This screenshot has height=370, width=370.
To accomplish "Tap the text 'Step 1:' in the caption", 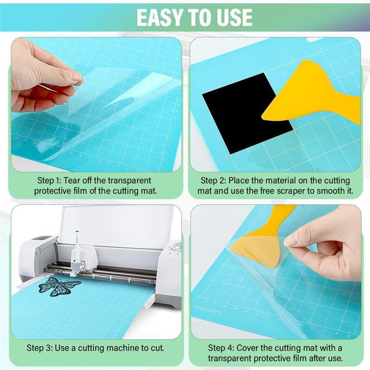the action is click(x=49, y=181).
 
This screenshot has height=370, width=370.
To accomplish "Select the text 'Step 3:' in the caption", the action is click(x=39, y=348).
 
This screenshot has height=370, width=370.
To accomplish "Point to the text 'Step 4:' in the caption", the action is click(x=221, y=348).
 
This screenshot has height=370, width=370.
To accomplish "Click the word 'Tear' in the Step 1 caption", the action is click(x=72, y=181).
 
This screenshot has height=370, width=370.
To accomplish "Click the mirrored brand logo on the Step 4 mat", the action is click(x=207, y=309).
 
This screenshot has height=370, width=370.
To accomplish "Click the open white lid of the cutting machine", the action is click(x=116, y=224).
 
